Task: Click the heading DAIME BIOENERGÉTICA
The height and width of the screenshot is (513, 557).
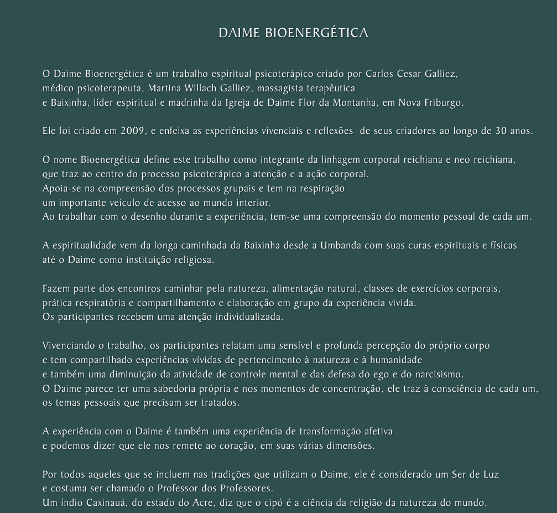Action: [x=293, y=33]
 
